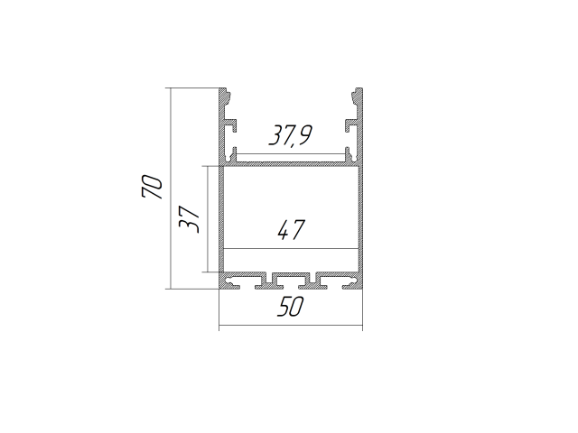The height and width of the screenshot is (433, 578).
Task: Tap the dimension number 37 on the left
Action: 188,218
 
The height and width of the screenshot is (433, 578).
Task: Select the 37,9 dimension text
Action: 290,136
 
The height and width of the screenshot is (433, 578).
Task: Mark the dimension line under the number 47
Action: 290,248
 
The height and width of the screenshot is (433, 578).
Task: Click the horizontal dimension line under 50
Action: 290,326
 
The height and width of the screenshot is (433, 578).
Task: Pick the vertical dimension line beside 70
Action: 169,188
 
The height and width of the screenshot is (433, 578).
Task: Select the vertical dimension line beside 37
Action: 210,218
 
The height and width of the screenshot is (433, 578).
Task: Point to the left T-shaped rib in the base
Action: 266,281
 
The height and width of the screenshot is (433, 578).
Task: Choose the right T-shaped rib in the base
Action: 315,281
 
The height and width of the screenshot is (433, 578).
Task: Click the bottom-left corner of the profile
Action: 220,288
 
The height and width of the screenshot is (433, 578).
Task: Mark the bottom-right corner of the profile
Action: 361,288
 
